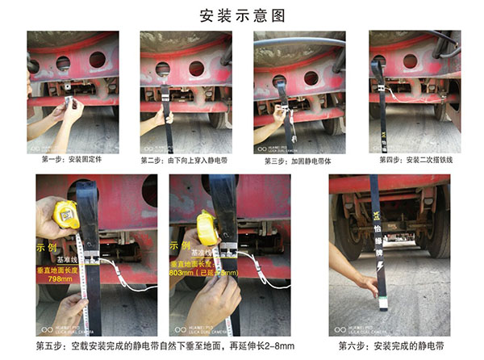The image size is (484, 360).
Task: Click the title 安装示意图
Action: click(x=242, y=15)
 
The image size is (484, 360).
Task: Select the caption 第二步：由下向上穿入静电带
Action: click(x=186, y=160)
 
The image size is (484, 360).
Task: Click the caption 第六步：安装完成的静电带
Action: click(x=390, y=345)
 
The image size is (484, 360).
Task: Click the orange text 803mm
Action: click(x=180, y=274)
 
